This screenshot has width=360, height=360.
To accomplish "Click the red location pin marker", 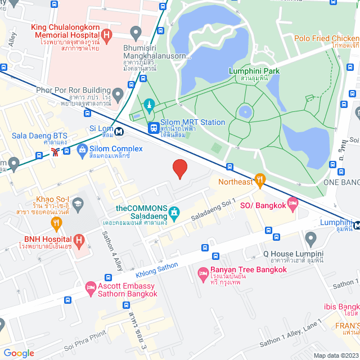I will [179, 168].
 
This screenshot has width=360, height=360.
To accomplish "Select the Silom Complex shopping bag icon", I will [82, 150].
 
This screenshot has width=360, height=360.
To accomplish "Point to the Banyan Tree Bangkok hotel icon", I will [203, 274].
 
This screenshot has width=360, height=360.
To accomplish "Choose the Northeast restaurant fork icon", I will [259, 181].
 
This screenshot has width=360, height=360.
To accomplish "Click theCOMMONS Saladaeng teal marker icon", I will [174, 213].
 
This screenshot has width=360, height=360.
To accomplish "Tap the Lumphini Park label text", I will [254, 71].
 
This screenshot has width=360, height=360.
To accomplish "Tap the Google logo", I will [19, 353].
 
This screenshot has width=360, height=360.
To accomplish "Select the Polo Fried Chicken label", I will [326, 39].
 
